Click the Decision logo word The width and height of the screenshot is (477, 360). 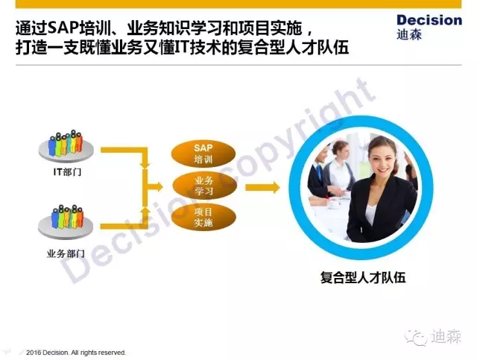point(429,20)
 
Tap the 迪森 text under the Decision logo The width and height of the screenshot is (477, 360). point(409,35)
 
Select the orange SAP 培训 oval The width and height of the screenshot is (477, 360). point(203,154)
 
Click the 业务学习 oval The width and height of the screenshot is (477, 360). point(204,186)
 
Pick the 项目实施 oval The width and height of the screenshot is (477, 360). point(203,217)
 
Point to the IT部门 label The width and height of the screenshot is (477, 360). point(67,172)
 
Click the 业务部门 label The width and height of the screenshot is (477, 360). point(66,253)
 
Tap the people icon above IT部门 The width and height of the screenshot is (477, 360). point(66,146)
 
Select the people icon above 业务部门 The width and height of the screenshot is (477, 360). point(66,221)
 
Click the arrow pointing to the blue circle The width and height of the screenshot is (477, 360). point(262,187)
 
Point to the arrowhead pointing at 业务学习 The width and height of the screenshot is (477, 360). point(159,186)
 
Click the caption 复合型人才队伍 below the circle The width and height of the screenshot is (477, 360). point(363,277)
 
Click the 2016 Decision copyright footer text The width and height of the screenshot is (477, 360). point(76,353)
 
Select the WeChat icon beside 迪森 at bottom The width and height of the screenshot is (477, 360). point(415,338)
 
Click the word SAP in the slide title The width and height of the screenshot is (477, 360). point(63,28)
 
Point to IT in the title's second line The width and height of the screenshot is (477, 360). point(182,48)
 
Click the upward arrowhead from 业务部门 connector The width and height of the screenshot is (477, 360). point(145,210)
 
